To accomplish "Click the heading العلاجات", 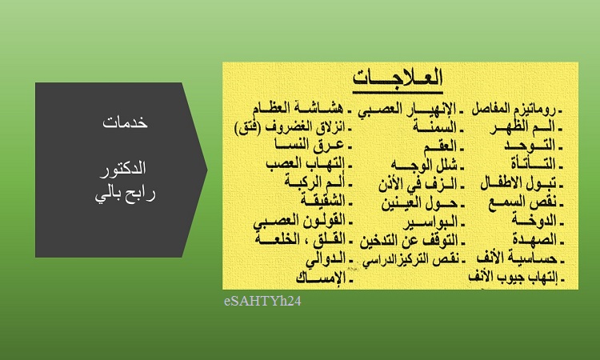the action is (398, 78).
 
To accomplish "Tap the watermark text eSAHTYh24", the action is (262, 302).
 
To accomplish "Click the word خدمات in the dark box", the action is (125, 122).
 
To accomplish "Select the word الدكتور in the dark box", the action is (123, 169).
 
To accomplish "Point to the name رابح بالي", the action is (125, 194).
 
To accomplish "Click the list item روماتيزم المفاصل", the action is (514, 110).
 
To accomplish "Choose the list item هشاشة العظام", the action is (298, 108).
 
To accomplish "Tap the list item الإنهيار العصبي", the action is (407, 110).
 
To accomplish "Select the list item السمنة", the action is (434, 127).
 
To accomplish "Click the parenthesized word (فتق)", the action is (247, 128).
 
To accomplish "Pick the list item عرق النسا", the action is (309, 145).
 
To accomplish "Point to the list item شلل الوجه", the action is (424, 166).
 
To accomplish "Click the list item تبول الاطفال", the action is (518, 184).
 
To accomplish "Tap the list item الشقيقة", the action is (322, 201).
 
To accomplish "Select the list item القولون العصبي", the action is (299, 221).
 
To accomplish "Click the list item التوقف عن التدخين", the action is (409, 241).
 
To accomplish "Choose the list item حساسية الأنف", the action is (517, 258).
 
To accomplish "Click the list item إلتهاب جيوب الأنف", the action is (513, 278).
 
